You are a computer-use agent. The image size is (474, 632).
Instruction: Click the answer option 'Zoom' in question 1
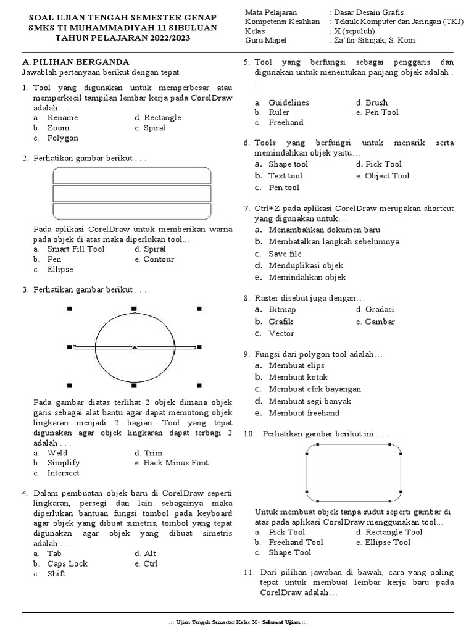58,128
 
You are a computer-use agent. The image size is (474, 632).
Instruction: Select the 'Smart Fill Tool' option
75,249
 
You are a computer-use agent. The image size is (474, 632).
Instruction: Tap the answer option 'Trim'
153,452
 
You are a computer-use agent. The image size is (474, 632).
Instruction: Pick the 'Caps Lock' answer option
67,563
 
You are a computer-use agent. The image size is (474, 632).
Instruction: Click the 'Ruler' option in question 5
279,112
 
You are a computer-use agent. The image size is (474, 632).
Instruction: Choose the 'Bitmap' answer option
282,309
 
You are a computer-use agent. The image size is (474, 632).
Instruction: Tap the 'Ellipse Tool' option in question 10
388,543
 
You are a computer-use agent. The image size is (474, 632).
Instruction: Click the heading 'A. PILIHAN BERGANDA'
75,62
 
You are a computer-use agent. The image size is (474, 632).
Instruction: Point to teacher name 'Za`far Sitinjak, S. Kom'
373,41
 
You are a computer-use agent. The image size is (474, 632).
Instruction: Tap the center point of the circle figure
135,348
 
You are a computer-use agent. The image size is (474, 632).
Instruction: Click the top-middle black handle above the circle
135,308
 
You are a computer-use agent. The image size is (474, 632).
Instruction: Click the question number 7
246,209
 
